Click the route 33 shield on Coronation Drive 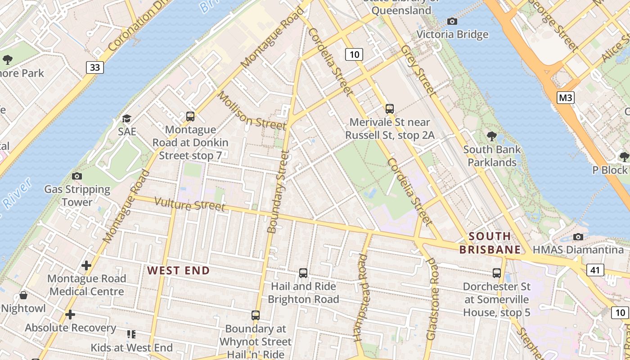[95, 67]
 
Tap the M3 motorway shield [565, 97]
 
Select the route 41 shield [595, 270]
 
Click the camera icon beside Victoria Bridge [452, 21]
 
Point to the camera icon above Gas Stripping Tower [77, 176]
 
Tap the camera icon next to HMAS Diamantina [578, 237]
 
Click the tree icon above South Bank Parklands [492, 136]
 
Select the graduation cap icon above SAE [126, 118]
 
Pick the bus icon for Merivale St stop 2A [390, 108]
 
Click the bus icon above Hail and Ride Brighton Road [303, 273]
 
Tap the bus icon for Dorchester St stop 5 [497, 273]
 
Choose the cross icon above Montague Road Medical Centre [86, 265]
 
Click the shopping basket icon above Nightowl [23, 296]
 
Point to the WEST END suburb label [179, 270]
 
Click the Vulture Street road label [189, 204]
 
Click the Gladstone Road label [432, 299]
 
